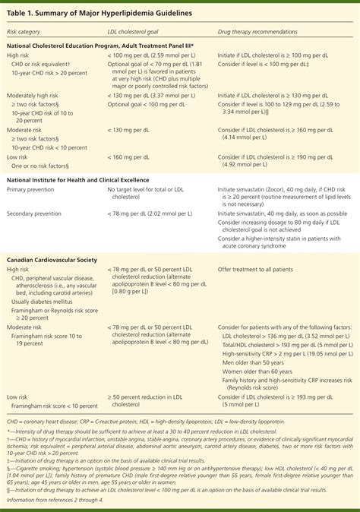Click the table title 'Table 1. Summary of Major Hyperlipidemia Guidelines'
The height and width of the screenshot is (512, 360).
(99, 14)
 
